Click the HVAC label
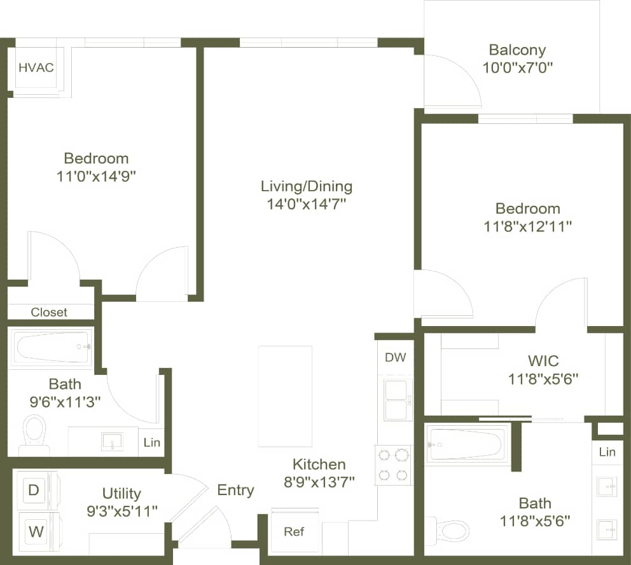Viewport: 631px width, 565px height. coord(36,67)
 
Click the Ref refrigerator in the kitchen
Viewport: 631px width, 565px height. coord(294,531)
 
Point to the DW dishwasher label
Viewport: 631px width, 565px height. coord(395,358)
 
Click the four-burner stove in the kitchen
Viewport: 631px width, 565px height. coord(393,465)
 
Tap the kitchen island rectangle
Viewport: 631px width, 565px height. coord(285,396)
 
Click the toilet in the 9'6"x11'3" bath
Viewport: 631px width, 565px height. coord(34,433)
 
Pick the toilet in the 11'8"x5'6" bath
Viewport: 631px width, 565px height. coord(449,529)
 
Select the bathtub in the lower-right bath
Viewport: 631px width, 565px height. coord(467,444)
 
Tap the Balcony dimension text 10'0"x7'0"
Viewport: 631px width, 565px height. coord(517,67)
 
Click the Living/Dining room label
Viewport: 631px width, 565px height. coord(306,186)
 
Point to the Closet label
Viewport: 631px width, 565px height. coord(49,312)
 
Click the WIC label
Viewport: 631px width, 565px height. coord(543,361)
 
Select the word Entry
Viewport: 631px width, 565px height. coord(235,490)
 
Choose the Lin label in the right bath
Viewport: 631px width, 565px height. coord(607,452)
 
